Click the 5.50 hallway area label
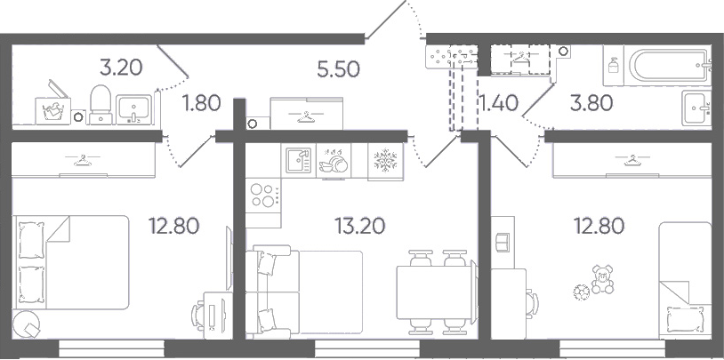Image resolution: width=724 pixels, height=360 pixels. pos(339,69)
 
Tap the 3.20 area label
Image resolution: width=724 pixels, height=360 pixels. pos(121,68)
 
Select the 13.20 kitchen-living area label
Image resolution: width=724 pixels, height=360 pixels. pos(359,226)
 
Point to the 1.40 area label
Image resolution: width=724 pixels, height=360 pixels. pos(499,103)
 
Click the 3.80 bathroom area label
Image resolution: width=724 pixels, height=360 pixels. pos(591,103)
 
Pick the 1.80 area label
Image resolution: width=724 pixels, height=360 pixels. pos(201,103)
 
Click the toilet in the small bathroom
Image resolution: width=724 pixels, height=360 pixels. pos(101,105)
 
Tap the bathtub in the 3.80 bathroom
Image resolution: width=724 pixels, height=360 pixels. pos(668,65)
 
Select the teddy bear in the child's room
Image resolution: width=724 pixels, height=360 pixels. pos(602,279)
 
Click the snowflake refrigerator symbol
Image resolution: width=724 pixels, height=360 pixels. pos(385,160)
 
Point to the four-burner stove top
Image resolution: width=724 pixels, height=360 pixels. pos(263,195)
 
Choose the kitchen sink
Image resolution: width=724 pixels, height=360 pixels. pos(298,160)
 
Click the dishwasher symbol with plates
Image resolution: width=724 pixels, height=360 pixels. pos(334,161)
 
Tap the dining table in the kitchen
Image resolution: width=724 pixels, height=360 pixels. pos(436,292)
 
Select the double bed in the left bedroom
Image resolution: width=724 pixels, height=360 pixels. pos(70,261)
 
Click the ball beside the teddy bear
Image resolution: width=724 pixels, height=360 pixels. pos(582,292)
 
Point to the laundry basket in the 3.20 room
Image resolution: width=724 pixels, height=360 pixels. pos(52,108)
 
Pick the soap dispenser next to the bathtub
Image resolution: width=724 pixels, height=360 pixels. pos(613,65)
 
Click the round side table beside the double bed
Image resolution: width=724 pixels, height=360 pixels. pos(27,324)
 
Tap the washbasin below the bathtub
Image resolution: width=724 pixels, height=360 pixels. pos(696,108)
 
